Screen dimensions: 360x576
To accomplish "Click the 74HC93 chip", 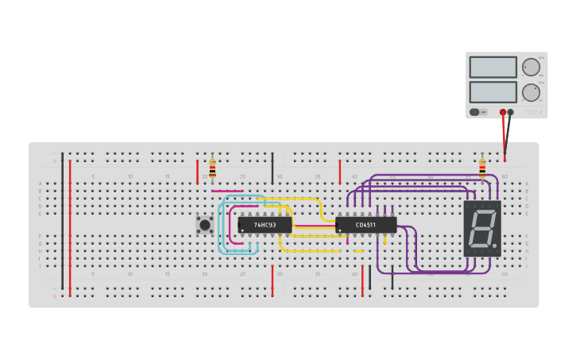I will tap(265, 225).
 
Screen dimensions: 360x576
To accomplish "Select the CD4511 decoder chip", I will tap(365, 225).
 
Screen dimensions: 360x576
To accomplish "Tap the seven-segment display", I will tap(482, 228).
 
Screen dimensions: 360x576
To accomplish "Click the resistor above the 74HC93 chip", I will tap(212, 168).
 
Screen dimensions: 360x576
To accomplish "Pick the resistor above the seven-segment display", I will tap(482, 168).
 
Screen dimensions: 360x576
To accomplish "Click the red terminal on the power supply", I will tap(503, 112).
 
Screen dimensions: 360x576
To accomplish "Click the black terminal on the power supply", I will tap(511, 112).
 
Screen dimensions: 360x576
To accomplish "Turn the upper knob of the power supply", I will tap(530, 67).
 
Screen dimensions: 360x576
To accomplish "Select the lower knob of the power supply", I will tap(530, 92).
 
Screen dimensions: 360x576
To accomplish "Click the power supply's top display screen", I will tap(493, 67).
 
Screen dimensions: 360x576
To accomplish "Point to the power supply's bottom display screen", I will tap(493, 91).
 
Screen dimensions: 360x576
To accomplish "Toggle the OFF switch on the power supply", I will tap(477, 112).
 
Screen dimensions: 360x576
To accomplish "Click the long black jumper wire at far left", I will tap(63, 223).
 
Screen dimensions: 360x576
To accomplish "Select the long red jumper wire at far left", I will tap(70, 226).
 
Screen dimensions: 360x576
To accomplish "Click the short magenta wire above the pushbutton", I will tap(227, 192).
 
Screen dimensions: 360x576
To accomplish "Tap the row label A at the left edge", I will tap(41, 184).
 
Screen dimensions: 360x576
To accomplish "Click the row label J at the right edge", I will tap(526, 265).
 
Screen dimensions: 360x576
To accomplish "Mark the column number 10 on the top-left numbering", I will tap(130, 176).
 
